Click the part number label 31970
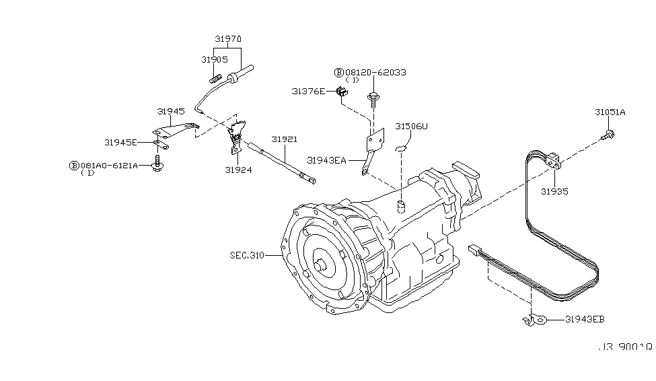(229, 40)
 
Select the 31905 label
(214, 59)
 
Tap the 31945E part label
(120, 142)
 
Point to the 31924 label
(239, 170)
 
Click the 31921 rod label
(285, 139)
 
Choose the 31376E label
(308, 91)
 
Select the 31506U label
(411, 126)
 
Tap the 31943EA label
(326, 160)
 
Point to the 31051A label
(610, 112)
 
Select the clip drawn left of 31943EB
(532, 320)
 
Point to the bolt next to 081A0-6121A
(157, 165)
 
